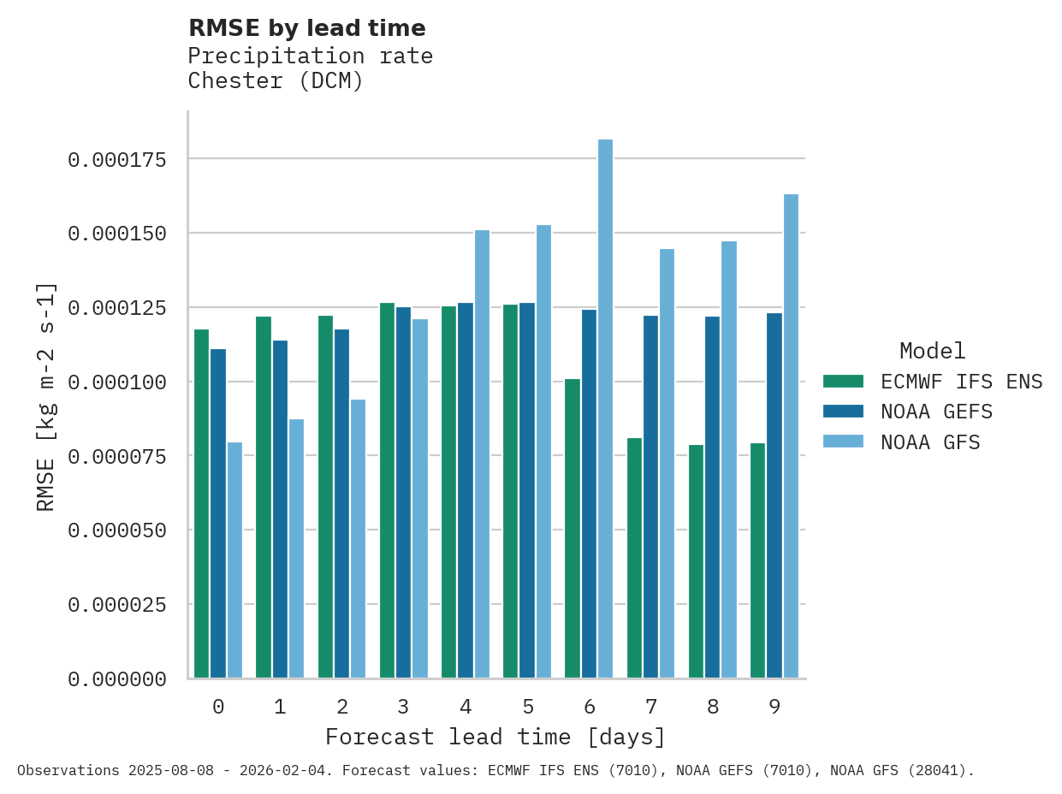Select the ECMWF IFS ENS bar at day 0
click(x=201, y=504)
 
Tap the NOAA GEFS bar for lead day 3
click(x=403, y=493)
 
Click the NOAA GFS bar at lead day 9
click(x=791, y=436)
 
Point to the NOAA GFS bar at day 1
click(x=296, y=548)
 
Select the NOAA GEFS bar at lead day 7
click(x=650, y=497)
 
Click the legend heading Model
click(x=933, y=351)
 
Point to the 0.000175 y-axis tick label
click(x=116, y=160)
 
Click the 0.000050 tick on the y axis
click(x=116, y=530)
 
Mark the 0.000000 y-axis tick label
click(x=116, y=679)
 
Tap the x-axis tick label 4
click(x=466, y=707)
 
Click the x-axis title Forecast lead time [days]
click(x=495, y=737)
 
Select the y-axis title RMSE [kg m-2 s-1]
click(x=46, y=396)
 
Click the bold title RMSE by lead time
click(x=306, y=28)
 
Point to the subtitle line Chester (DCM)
click(x=276, y=81)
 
